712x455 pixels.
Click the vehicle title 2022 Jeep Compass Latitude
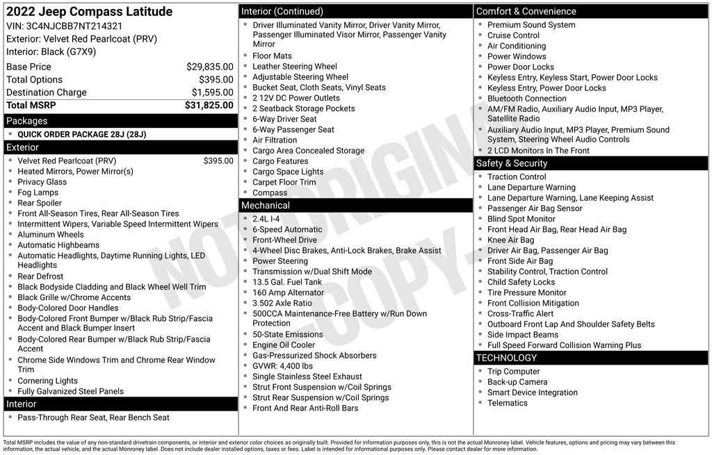pyautogui.click(x=89, y=13)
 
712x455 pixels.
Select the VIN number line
pyautogui.click(x=65, y=26)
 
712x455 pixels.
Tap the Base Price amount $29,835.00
pyautogui.click(x=209, y=67)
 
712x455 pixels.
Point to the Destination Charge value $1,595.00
pyautogui.click(x=212, y=92)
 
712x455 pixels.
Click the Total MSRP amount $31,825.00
pyautogui.click(x=209, y=106)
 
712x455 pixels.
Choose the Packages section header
pyautogui.click(x=27, y=121)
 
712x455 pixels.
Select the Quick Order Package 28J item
pyautogui.click(x=81, y=135)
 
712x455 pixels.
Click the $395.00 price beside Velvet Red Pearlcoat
pyautogui.click(x=218, y=161)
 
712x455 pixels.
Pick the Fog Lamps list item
pyautogui.click(x=38, y=192)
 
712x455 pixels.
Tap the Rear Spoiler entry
pyautogui.click(x=40, y=203)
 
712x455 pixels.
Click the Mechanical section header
pyautogui.click(x=265, y=206)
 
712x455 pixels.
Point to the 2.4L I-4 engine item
pyautogui.click(x=266, y=219)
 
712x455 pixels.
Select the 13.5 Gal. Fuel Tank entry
pyautogui.click(x=287, y=282)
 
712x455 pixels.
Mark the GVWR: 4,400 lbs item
pyautogui.click(x=282, y=366)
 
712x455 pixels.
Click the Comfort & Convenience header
pyautogui.click(x=526, y=11)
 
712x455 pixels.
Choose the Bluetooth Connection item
pyautogui.click(x=526, y=99)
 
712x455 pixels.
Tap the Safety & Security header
pyautogui.click(x=512, y=163)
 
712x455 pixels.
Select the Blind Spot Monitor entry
pyautogui.click(x=521, y=219)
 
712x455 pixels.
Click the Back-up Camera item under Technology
pyautogui.click(x=517, y=382)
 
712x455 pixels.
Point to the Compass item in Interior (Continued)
pyautogui.click(x=270, y=193)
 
